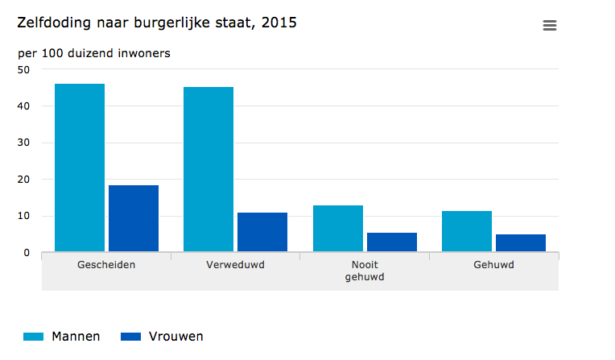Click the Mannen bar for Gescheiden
pyautogui.click(x=80, y=168)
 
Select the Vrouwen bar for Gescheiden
pyautogui.click(x=134, y=218)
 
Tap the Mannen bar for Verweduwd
pyautogui.click(x=208, y=169)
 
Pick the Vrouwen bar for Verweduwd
pyautogui.click(x=262, y=232)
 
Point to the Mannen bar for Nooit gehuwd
pyautogui.click(x=338, y=229)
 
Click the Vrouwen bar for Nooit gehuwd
pyautogui.click(x=392, y=242)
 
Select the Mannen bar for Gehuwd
pyautogui.click(x=467, y=231)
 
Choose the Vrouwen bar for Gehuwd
pyautogui.click(x=521, y=243)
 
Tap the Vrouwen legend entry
pyautogui.click(x=162, y=337)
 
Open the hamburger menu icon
pyautogui.click(x=550, y=26)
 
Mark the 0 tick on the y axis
pyautogui.click(x=27, y=253)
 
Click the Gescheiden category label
pyautogui.click(x=106, y=264)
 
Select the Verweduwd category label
pyautogui.click(x=235, y=264)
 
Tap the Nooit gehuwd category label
pyautogui.click(x=365, y=271)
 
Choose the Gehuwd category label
pyautogui.click(x=493, y=264)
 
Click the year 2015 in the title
pyautogui.click(x=279, y=23)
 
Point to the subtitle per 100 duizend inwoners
pyautogui.click(x=94, y=53)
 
